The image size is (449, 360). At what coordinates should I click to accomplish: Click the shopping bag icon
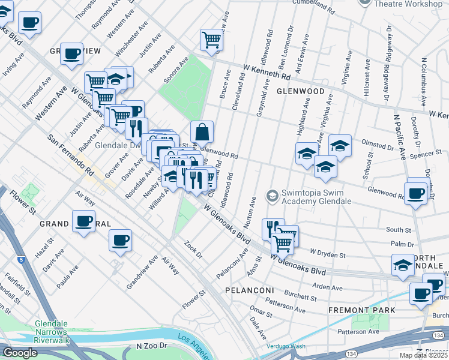[x=202, y=131]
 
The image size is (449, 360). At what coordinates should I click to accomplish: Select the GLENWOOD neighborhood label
[x=300, y=92]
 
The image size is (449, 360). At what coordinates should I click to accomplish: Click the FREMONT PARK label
[x=361, y=310]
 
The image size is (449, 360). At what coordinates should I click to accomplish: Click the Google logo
[x=20, y=353]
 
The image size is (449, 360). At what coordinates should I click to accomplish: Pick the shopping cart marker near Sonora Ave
[x=211, y=40]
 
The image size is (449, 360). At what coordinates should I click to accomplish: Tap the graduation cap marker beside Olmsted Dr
[x=340, y=146]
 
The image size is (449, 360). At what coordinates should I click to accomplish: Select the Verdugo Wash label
[x=285, y=346]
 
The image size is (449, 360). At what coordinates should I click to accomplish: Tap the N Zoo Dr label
[x=155, y=346]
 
